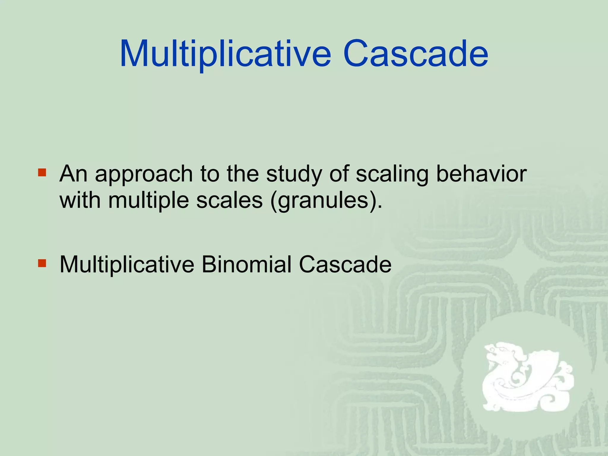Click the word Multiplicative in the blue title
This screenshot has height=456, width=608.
(x=225, y=54)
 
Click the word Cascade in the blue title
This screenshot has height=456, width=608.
(x=416, y=54)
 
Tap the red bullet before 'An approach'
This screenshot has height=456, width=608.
(x=42, y=172)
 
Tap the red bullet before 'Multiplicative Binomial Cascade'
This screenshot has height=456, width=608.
(x=42, y=263)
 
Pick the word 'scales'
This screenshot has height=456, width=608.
(x=229, y=200)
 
